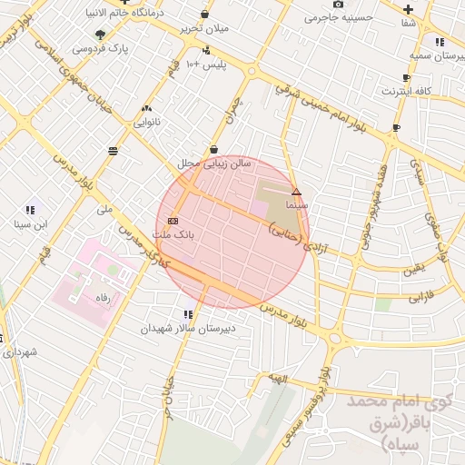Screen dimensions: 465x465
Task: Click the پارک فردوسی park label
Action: [x=99, y=46]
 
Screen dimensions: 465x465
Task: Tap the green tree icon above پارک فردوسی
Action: [x=100, y=35]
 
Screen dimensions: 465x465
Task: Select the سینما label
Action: [x=297, y=205]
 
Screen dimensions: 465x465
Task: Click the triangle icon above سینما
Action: [x=296, y=192]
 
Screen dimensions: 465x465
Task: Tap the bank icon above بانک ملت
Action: [x=173, y=221]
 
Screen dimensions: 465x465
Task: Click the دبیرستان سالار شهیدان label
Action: [x=188, y=328]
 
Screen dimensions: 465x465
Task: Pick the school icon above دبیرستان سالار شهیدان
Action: [x=188, y=314]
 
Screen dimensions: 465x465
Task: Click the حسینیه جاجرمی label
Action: [x=339, y=17]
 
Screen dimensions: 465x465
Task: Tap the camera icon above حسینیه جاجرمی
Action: [x=339, y=5]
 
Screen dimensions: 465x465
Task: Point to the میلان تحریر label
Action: [x=203, y=28]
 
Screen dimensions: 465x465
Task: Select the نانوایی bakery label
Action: [x=147, y=121]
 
